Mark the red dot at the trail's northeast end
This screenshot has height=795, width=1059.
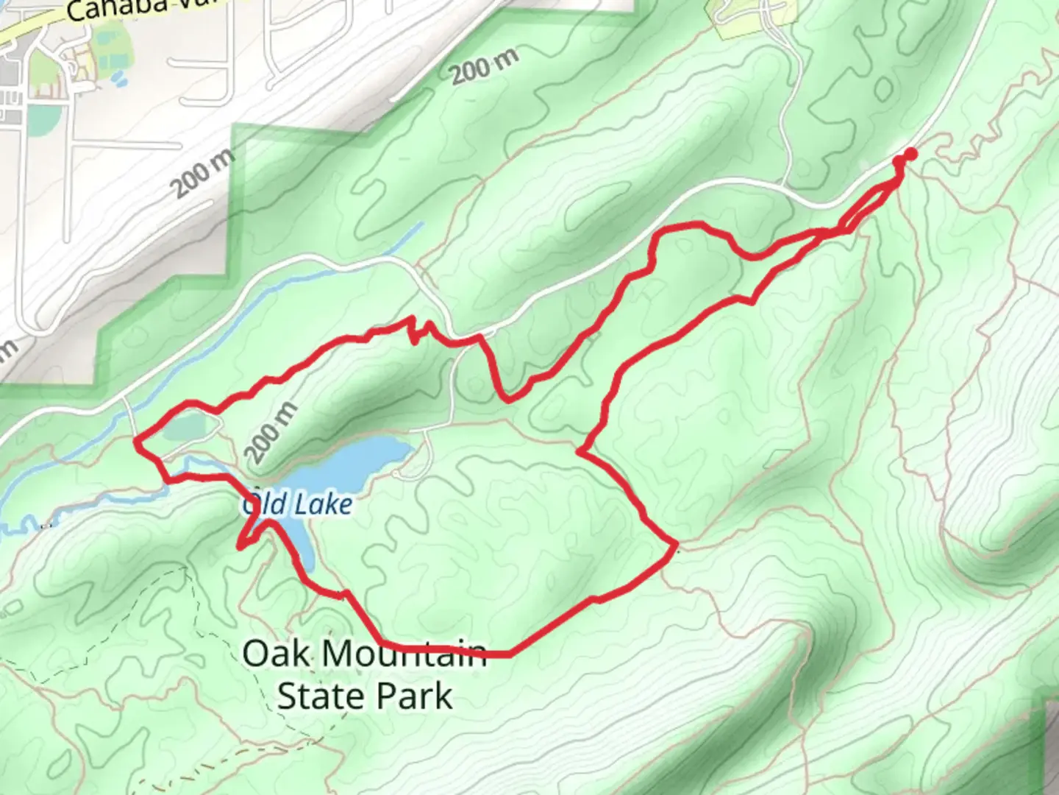coord(910,154)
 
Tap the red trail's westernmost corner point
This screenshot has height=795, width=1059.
coord(137,442)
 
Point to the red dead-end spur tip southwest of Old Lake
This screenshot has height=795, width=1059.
coord(240,546)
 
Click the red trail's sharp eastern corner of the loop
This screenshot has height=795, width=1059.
coord(674,545)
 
